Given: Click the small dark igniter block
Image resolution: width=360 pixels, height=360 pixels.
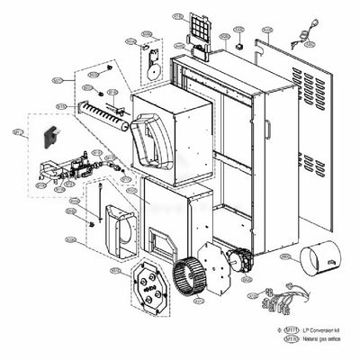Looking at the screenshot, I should [x=50, y=137].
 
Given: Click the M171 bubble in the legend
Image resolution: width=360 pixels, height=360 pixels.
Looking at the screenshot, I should [x=291, y=332].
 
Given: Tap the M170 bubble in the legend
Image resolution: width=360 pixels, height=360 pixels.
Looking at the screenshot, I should [x=291, y=343].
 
